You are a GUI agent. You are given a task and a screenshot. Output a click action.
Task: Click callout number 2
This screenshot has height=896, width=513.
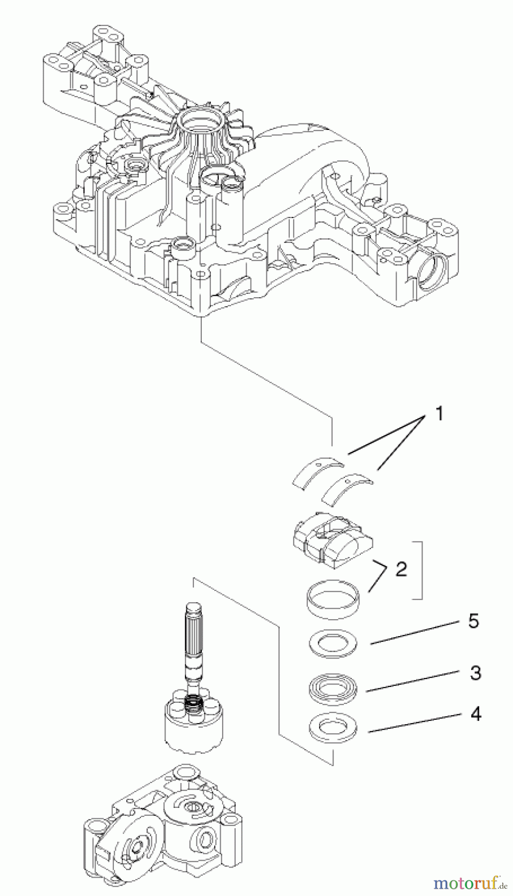pos(401,569)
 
